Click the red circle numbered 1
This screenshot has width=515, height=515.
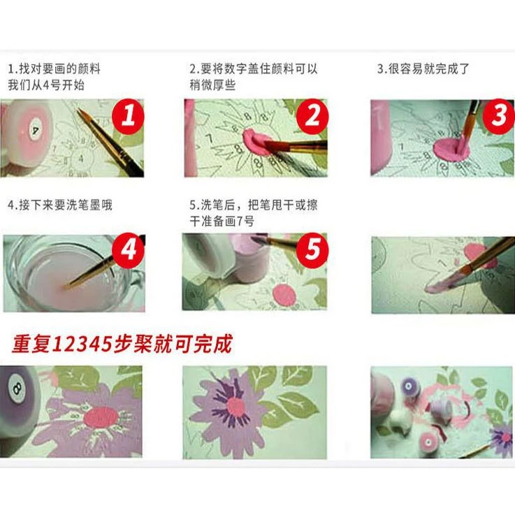(x=128, y=116)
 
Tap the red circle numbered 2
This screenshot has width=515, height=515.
(x=312, y=116)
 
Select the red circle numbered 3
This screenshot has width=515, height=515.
(x=498, y=116)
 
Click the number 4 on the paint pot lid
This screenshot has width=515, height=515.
(x=35, y=131)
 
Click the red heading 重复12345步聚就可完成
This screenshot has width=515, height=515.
(x=122, y=344)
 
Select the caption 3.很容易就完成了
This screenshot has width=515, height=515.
(x=423, y=69)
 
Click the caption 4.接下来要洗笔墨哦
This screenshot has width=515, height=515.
(x=60, y=205)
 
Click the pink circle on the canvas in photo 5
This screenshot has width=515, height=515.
(x=284, y=295)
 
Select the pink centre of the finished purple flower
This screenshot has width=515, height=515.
(x=235, y=407)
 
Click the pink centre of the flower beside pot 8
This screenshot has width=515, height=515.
(x=101, y=417)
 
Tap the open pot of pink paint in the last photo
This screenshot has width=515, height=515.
(x=428, y=442)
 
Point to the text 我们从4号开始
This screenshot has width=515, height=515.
(x=46, y=85)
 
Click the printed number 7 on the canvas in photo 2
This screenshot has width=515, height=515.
(x=209, y=138)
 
